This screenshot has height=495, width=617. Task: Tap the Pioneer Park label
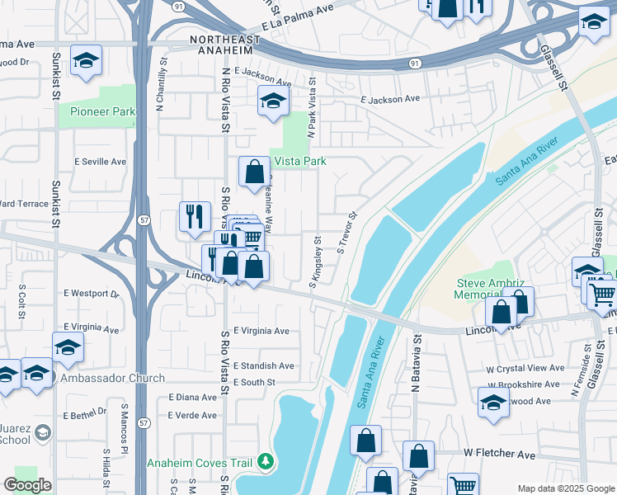(x=102, y=111)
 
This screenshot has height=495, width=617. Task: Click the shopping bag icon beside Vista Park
(x=254, y=172)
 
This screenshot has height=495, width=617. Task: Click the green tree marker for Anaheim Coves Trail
(x=265, y=461)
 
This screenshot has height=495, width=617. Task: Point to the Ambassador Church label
(x=112, y=378)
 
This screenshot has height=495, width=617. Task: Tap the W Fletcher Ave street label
(x=504, y=453)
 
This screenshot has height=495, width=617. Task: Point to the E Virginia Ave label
(x=261, y=331)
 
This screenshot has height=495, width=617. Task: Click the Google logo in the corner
(x=27, y=484)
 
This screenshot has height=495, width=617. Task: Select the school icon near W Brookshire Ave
(x=492, y=402)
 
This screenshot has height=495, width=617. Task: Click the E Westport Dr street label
(x=91, y=293)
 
